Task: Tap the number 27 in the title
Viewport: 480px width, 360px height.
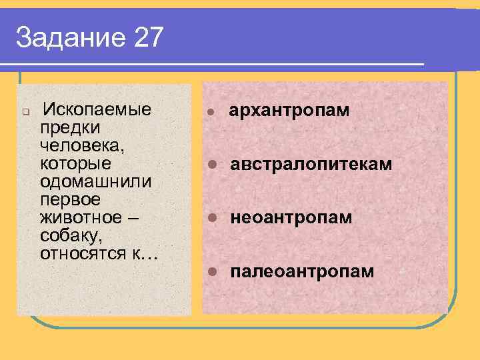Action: [x=148, y=38]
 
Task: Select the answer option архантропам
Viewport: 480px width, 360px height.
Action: [x=289, y=110]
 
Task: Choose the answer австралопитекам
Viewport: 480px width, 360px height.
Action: [x=311, y=164]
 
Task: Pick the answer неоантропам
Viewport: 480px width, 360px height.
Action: [x=291, y=218]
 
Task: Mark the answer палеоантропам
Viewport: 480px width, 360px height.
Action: [x=302, y=272]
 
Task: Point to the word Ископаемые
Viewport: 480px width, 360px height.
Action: [x=96, y=109]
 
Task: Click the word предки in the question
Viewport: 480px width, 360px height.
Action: [x=71, y=127]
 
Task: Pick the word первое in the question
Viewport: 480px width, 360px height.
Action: [x=70, y=199]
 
